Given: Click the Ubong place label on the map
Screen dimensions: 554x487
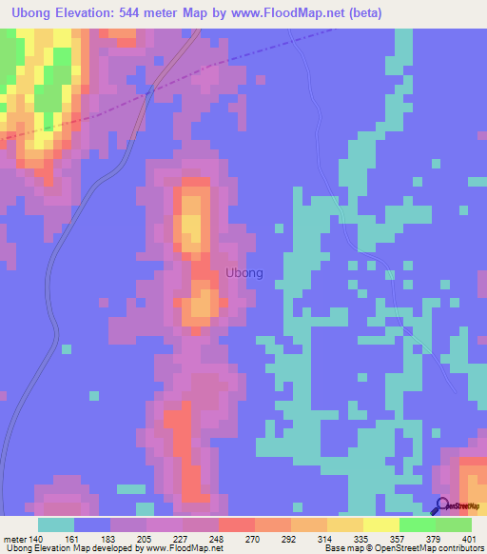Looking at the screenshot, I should [x=244, y=272].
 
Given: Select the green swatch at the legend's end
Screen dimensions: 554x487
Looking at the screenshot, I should [x=454, y=524].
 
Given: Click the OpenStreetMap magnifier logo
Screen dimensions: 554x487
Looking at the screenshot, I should [x=443, y=506].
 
